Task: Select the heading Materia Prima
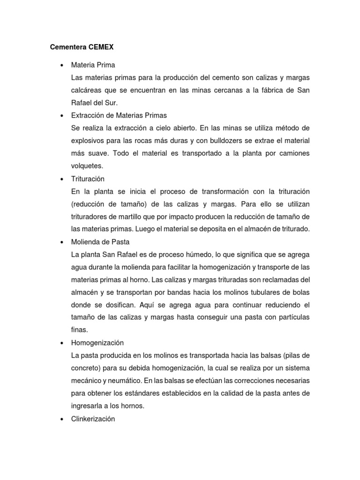point(93,65)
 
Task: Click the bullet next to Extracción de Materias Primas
point(62,115)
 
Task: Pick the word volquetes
point(86,166)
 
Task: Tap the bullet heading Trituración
point(88,179)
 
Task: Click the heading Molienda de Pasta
point(100,242)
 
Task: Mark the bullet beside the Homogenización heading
point(62,343)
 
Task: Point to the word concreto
point(86,368)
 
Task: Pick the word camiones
point(294,154)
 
